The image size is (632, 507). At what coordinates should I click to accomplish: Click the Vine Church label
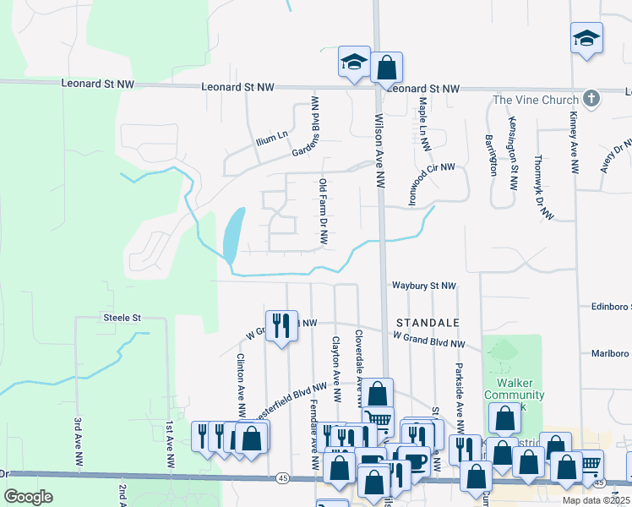pyautogui.click(x=536, y=101)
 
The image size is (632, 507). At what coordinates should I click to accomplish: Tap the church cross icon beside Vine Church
pyautogui.click(x=591, y=99)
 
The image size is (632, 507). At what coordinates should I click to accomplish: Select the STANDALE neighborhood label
pyautogui.click(x=428, y=323)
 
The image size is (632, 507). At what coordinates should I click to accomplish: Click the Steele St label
pyautogui.click(x=121, y=317)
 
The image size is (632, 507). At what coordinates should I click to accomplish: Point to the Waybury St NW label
pyautogui.click(x=423, y=286)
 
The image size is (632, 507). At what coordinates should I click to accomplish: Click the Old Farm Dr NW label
pyautogui.click(x=323, y=211)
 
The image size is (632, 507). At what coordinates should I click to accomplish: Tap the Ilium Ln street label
pyautogui.click(x=271, y=134)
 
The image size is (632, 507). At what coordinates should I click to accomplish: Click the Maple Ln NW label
pyautogui.click(x=422, y=124)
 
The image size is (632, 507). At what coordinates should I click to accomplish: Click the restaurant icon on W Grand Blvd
pyautogui.click(x=281, y=324)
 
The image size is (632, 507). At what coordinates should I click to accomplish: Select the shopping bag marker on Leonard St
pyautogui.click(x=386, y=67)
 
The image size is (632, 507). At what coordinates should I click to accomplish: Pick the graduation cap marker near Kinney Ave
pyautogui.click(x=586, y=39)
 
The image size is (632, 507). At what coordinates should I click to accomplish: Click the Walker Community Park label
pyautogui.click(x=515, y=401)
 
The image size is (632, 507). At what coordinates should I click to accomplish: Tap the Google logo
pyautogui.click(x=29, y=496)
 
